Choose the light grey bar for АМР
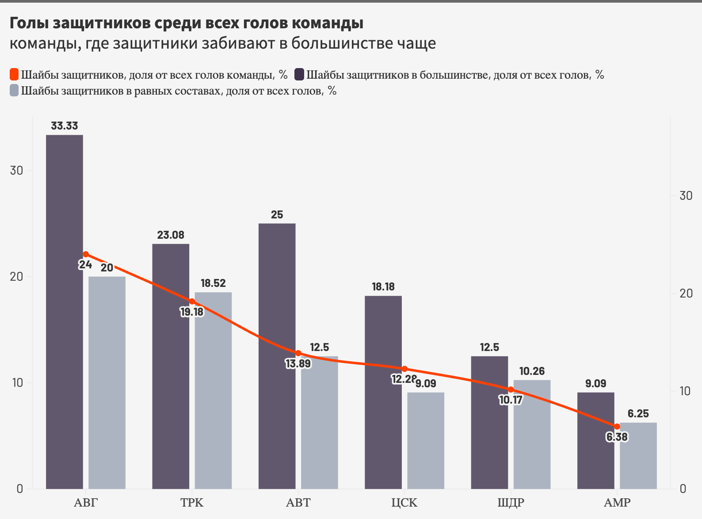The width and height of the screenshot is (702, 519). coord(638,455)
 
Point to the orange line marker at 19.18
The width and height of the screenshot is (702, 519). coord(192,301)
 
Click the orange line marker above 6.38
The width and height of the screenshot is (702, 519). coord(617,427)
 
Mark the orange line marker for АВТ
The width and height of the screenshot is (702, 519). coord(298,353)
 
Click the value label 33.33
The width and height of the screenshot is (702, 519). coord(65,126)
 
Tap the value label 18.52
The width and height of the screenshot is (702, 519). coord(213,283)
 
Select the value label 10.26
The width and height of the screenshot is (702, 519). coord(532,371)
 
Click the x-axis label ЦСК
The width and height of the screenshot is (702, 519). coord(404,503)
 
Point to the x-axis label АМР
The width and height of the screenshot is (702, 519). coord(617,503)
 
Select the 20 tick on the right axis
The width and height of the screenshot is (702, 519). coord(686,293)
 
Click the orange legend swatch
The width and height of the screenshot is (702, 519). coord(14,74)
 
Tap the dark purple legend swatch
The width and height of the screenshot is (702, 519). coord(299,74)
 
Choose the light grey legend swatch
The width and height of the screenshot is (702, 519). coord(14,91)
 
